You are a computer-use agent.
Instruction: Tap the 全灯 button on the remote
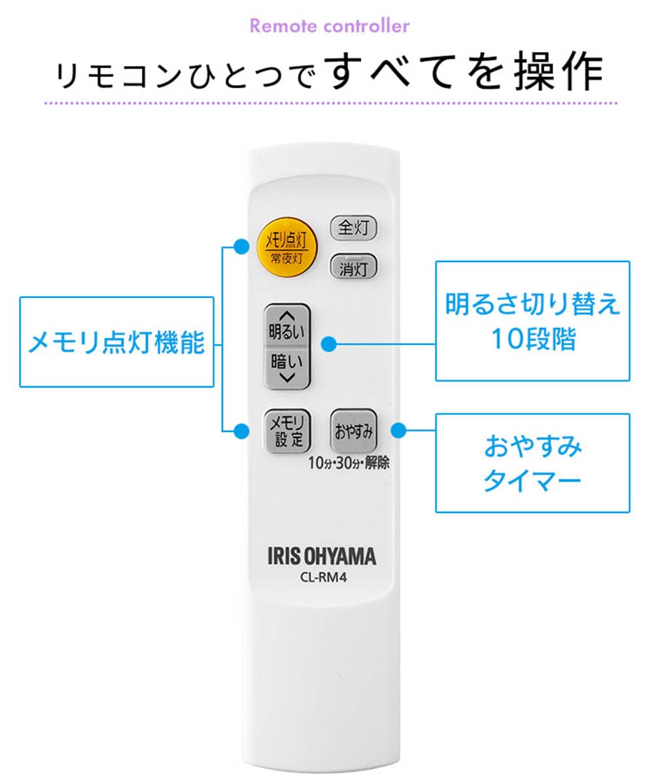click(x=353, y=228)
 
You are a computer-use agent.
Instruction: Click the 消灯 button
click(x=353, y=268)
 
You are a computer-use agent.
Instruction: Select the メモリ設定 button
click(x=287, y=431)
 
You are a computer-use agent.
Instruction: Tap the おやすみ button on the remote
click(x=353, y=430)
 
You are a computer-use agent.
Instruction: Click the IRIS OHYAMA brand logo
click(x=322, y=556)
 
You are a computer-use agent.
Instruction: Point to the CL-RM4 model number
click(x=323, y=578)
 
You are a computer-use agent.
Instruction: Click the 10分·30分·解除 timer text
click(x=349, y=463)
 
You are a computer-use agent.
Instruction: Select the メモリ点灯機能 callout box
click(x=117, y=342)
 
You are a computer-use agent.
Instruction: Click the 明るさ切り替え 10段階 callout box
click(x=532, y=321)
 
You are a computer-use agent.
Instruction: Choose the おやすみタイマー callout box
click(x=532, y=463)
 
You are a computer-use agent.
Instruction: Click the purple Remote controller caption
click(x=330, y=26)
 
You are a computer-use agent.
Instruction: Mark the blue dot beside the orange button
click(x=241, y=247)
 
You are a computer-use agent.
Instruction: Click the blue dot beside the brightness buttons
click(x=329, y=344)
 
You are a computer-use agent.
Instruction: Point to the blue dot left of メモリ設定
click(x=241, y=431)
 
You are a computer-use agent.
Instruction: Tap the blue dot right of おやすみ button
click(x=398, y=430)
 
